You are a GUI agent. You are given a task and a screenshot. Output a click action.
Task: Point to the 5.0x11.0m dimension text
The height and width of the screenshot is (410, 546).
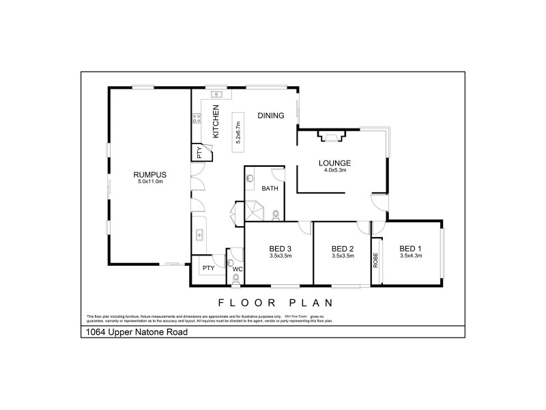click(x=149, y=182)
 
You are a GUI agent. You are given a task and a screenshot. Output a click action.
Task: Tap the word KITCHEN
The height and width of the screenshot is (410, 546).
click(x=216, y=122)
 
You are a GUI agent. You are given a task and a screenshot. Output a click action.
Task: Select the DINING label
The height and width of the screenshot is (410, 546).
click(x=270, y=115)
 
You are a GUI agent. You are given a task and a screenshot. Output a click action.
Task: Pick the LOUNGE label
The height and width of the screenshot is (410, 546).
click(x=334, y=163)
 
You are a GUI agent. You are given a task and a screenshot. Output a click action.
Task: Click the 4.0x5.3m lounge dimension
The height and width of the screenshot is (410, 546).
click(x=334, y=170)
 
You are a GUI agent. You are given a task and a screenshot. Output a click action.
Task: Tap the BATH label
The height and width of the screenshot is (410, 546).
click(x=269, y=189)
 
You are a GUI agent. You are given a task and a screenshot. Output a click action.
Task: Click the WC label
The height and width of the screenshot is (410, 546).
click(x=238, y=269)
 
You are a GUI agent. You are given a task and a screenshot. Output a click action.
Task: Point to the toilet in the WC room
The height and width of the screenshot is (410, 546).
click(x=231, y=261)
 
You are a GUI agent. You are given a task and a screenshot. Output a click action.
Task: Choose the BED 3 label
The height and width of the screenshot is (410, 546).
click(x=280, y=248)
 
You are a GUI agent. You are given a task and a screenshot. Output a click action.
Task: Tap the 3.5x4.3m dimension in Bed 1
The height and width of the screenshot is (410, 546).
click(x=411, y=256)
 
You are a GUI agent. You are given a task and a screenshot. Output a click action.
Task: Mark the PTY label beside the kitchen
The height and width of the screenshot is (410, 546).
click(x=199, y=152)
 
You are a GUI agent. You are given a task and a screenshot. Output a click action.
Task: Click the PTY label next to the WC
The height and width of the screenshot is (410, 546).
click(x=208, y=268)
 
